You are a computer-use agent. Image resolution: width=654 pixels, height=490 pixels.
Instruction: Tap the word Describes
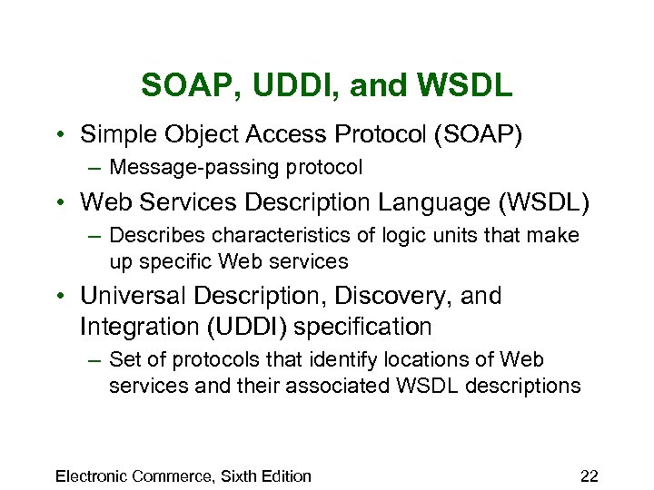tap(157, 236)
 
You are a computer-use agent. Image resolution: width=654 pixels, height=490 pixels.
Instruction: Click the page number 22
tap(589, 475)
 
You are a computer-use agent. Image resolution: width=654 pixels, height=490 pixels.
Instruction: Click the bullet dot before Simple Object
tap(58, 136)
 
